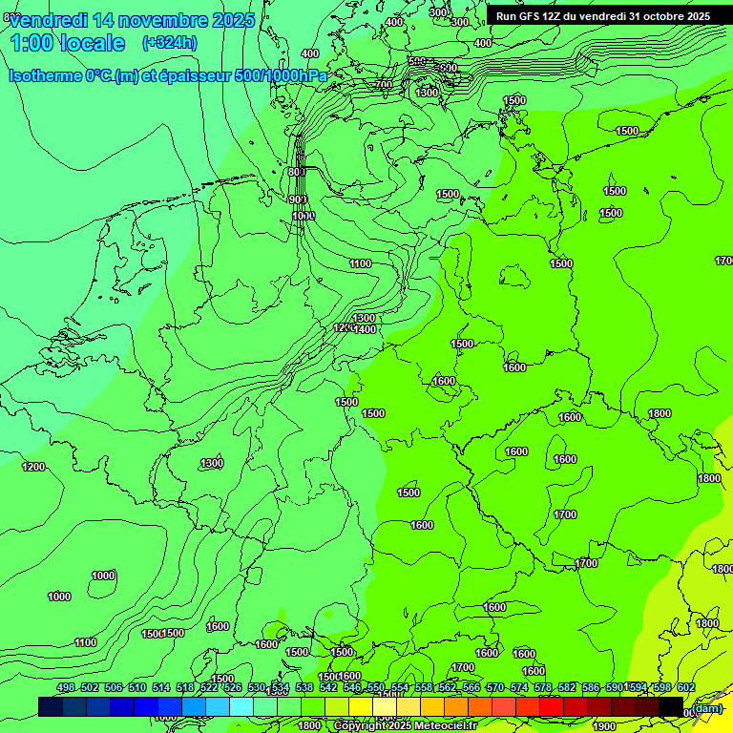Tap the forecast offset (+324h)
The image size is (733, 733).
pos(169,43)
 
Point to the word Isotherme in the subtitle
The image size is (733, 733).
pos(45,76)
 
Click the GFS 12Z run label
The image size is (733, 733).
pos(602,16)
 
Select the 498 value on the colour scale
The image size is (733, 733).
pos(66,687)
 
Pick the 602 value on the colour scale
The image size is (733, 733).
pos(685,687)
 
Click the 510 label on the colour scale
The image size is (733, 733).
pos(137,687)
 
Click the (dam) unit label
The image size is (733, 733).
pos(707,708)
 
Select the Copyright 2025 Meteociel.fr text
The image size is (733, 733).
pos(405,726)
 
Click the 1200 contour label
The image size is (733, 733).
pos(33,467)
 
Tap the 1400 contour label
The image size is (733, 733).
pos(365,329)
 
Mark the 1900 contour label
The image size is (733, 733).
pos(604,726)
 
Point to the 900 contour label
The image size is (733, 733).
pos(298,199)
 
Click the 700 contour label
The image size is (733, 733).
pos(384,85)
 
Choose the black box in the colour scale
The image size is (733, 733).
pos(671,706)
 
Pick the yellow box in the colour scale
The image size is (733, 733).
pos(361,706)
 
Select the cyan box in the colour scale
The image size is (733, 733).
pos(241,706)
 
